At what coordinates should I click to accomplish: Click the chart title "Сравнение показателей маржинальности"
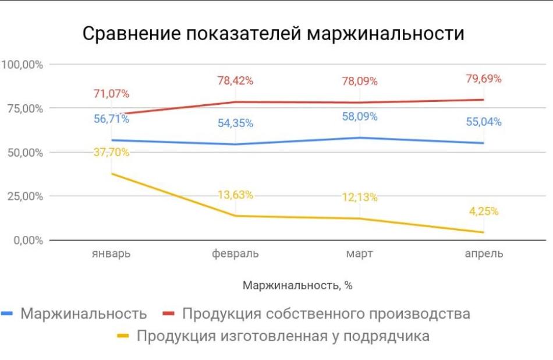point(273,33)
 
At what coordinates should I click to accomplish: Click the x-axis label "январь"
point(111,254)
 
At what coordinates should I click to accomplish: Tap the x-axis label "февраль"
point(235,254)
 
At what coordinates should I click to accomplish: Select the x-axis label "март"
point(359,254)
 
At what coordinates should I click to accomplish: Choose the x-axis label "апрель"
point(484,254)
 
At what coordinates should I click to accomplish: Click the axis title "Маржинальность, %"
point(297,285)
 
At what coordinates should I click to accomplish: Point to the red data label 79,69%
point(484,78)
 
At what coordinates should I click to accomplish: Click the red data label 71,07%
point(111,93)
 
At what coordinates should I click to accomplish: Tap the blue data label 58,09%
point(359,117)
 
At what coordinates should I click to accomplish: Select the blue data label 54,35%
point(235,123)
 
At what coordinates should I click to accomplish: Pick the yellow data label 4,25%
point(484,211)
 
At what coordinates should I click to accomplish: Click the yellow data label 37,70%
point(111,153)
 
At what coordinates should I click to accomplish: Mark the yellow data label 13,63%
point(235,195)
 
